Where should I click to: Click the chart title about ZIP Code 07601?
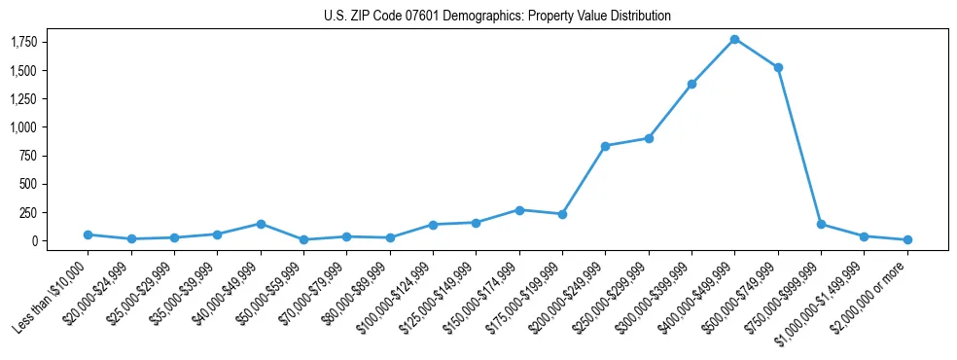coord(497,17)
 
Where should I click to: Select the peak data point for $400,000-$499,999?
coord(734,39)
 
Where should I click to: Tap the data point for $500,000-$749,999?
coord(778,67)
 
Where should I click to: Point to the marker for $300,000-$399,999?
coord(691,84)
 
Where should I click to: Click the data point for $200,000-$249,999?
coord(605,146)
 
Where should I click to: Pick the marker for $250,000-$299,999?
coord(649,138)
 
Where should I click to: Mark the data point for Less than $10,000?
coord(88,234)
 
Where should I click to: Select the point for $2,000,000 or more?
coord(907,239)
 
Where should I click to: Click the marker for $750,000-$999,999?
coord(821,224)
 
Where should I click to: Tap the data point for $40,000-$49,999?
coord(261,224)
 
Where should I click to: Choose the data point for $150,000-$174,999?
coord(519,210)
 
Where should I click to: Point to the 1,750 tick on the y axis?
coord(23,42)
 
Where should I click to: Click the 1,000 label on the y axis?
coord(23,126)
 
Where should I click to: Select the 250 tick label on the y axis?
coord(27,212)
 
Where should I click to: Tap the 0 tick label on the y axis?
coord(33,240)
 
